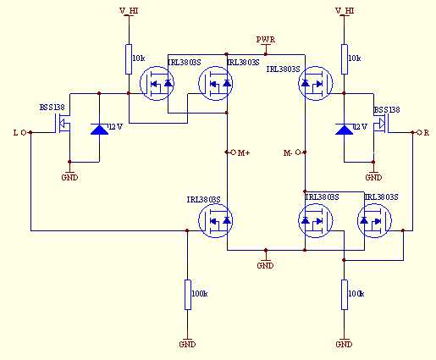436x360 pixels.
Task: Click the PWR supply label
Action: pyautogui.click(x=266, y=40)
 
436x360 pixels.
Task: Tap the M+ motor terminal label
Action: pyautogui.click(x=244, y=153)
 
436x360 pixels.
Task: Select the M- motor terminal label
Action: pyautogui.click(x=288, y=153)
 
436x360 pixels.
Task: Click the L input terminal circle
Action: pyautogui.click(x=24, y=132)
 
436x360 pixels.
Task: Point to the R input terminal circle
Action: pyautogui.click(x=419, y=132)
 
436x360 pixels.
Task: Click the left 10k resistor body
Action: pyautogui.click(x=129, y=59)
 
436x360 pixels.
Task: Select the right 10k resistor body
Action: pyautogui.click(x=345, y=59)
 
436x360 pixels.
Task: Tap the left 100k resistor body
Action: pyautogui.click(x=188, y=295)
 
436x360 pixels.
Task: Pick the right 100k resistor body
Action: pyautogui.click(x=345, y=295)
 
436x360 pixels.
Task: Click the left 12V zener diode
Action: pyautogui.click(x=99, y=129)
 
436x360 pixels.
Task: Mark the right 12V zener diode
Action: pyautogui.click(x=344, y=129)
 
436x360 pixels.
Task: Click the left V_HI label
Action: pyautogui.click(x=129, y=11)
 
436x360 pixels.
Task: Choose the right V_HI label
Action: pyautogui.click(x=345, y=11)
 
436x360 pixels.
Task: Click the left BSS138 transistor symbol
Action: pyautogui.click(x=63, y=124)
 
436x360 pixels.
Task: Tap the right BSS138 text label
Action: pyautogui.click(x=387, y=109)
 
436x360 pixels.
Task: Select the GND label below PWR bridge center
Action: pyautogui.click(x=265, y=266)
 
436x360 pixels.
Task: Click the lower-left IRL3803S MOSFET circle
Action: pyautogui.click(x=216, y=220)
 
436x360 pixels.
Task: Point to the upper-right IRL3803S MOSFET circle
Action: pyautogui.click(x=316, y=83)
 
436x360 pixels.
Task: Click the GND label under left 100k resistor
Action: pyautogui.click(x=187, y=345)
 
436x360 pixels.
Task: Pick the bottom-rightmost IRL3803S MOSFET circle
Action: pyautogui.click(x=374, y=220)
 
